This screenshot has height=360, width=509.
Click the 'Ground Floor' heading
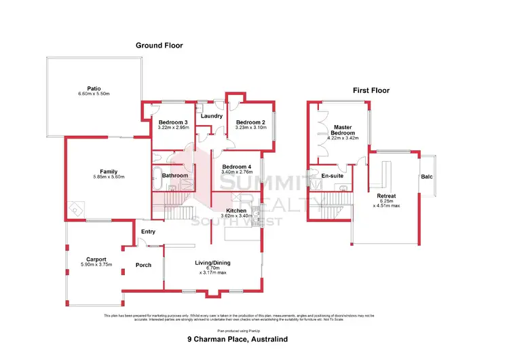pyautogui.click(x=159, y=46)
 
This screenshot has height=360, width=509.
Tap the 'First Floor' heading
pyautogui.click(x=371, y=90)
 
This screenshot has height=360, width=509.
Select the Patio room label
pyautogui.click(x=94, y=88)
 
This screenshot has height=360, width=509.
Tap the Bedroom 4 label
pyautogui.click(x=237, y=167)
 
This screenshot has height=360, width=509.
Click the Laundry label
pyautogui.click(x=212, y=116)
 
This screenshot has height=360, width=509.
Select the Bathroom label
pyautogui.click(x=175, y=176)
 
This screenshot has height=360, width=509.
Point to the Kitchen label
pyautogui.click(x=236, y=211)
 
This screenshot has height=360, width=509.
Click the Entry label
pyautogui.click(x=148, y=232)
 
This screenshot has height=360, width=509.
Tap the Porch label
pyautogui.click(x=143, y=265)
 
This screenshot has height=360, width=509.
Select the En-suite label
pyautogui.click(x=332, y=176)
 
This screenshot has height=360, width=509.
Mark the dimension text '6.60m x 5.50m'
pyautogui.click(x=94, y=94)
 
